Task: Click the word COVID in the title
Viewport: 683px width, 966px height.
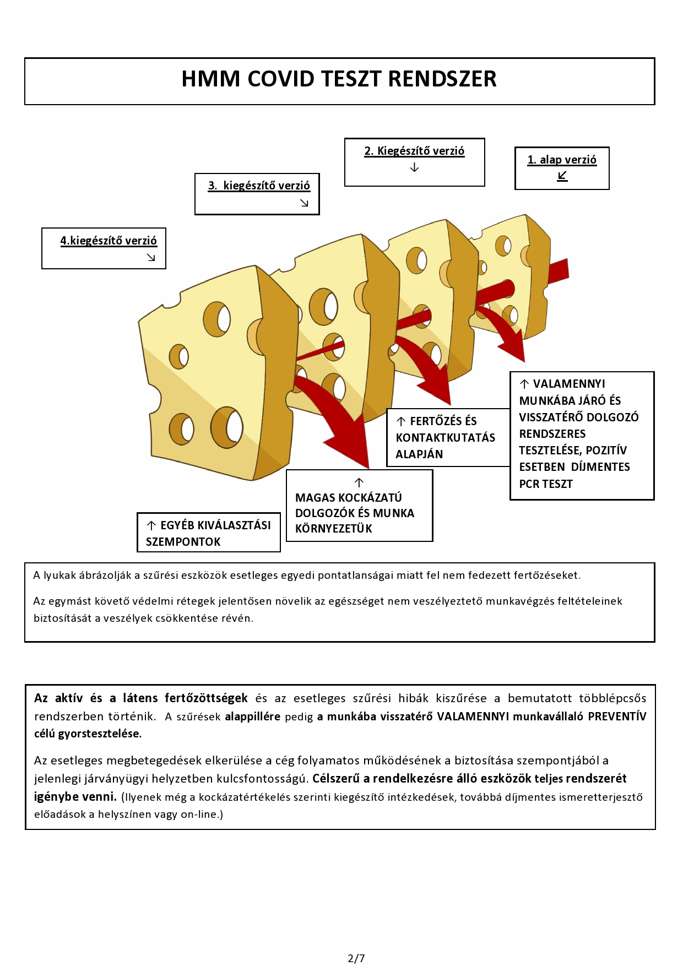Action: (281, 79)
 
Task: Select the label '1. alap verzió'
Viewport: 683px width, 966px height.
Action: (562, 160)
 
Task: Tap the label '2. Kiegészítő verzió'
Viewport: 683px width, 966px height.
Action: (414, 151)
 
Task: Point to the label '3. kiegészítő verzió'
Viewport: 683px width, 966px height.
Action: (259, 186)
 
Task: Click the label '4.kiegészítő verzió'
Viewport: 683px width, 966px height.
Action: (109, 241)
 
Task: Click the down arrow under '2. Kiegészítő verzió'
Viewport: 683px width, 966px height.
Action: (414, 167)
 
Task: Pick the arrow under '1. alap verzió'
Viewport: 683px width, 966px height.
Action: (562, 176)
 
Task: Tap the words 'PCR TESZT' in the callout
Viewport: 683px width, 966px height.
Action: (546, 484)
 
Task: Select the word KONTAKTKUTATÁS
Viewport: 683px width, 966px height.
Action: (445, 438)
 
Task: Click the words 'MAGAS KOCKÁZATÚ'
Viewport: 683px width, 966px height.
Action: (348, 498)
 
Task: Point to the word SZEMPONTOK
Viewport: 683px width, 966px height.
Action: (183, 542)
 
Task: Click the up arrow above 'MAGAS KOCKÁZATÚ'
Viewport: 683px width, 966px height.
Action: (359, 483)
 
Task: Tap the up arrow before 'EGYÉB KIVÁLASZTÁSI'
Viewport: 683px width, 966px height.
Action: (151, 526)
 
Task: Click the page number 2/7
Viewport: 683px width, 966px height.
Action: (356, 958)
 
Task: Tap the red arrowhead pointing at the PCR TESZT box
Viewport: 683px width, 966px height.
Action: (513, 350)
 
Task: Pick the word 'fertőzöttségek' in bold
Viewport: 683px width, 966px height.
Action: (206, 698)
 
